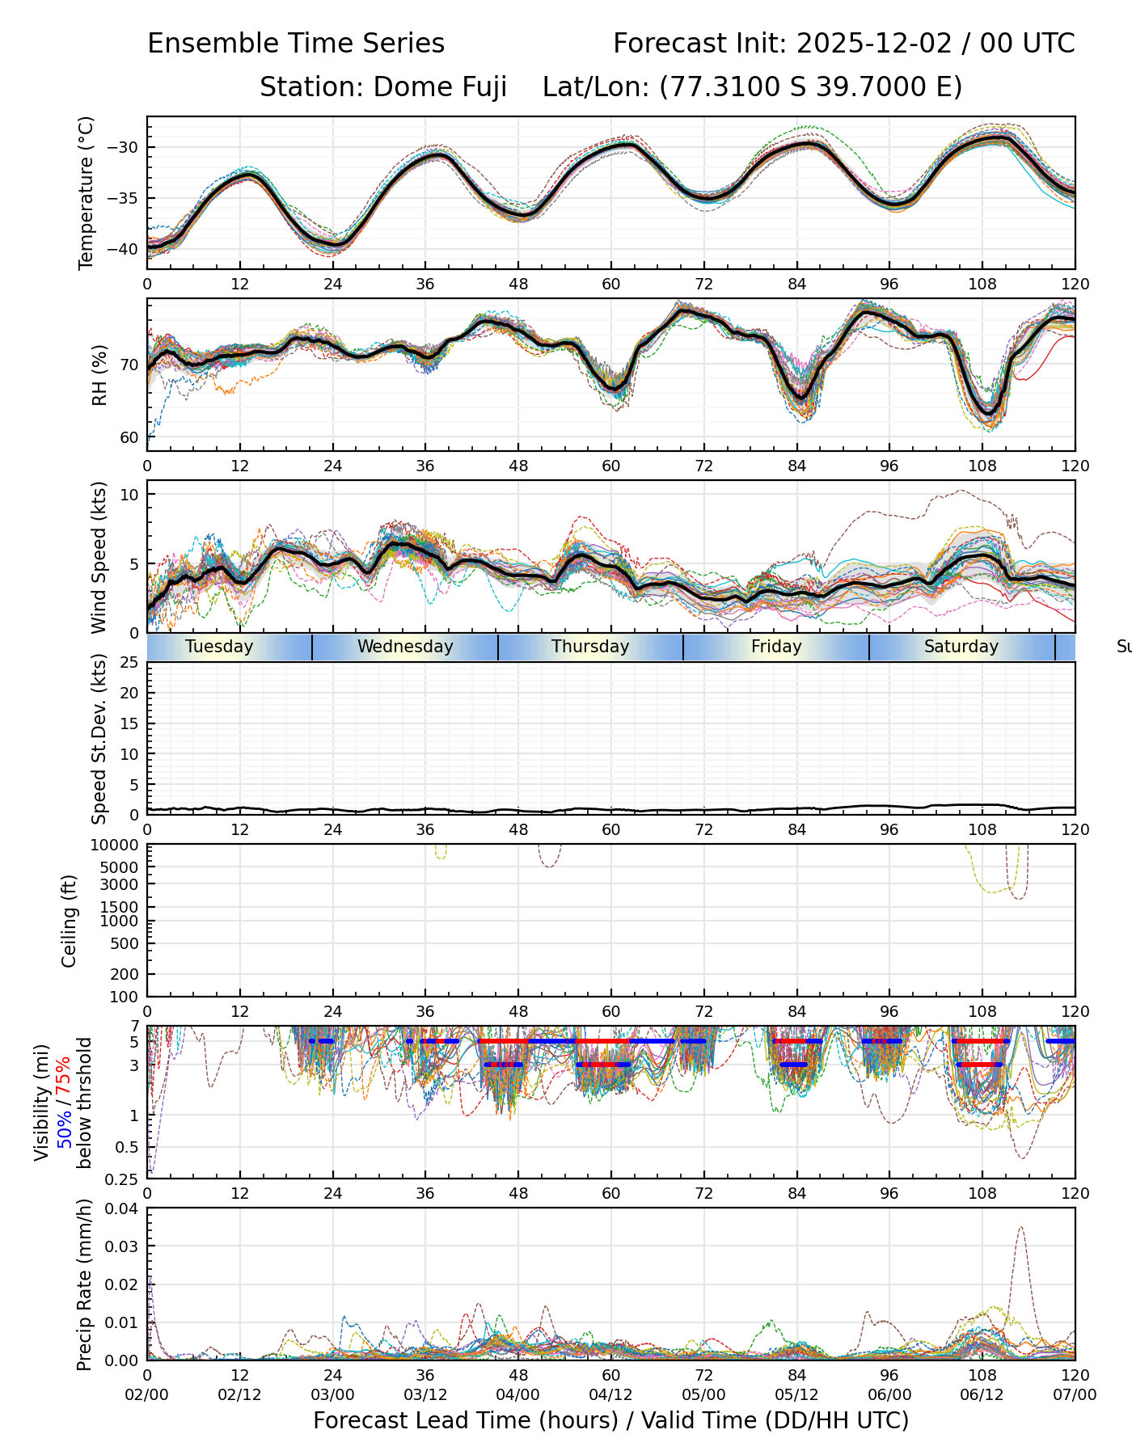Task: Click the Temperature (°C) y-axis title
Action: pos(86,192)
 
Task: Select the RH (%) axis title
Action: pos(99,374)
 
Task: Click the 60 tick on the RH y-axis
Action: pos(130,438)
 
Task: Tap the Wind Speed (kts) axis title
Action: pos(99,557)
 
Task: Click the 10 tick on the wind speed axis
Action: pos(130,494)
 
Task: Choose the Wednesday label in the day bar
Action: pos(405,647)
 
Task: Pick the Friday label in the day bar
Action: pos(776,647)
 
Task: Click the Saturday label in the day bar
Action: pos(961,647)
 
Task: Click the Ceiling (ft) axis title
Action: pos(70,921)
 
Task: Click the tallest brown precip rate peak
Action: pos(1021,1228)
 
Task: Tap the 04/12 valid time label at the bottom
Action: pos(610,1394)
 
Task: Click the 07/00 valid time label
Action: pos(1075,1394)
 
